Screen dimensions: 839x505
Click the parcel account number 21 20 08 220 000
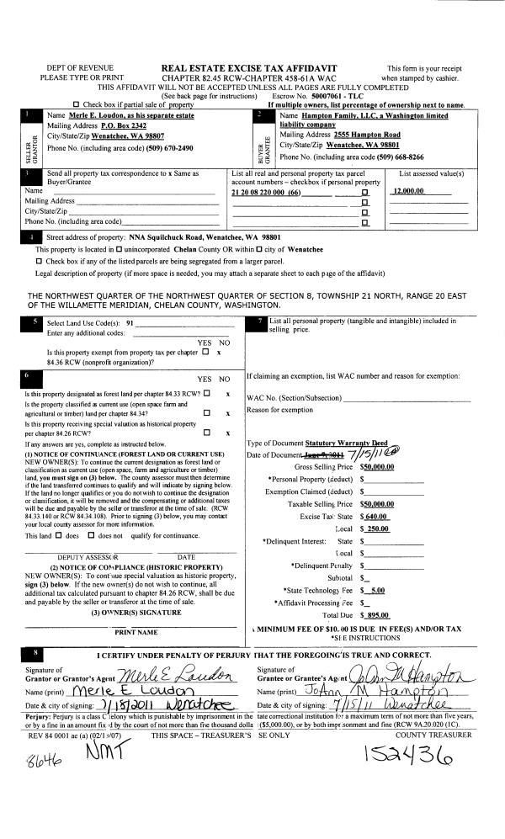[x=265, y=193]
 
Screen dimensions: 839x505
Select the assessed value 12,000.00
[x=411, y=193]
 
